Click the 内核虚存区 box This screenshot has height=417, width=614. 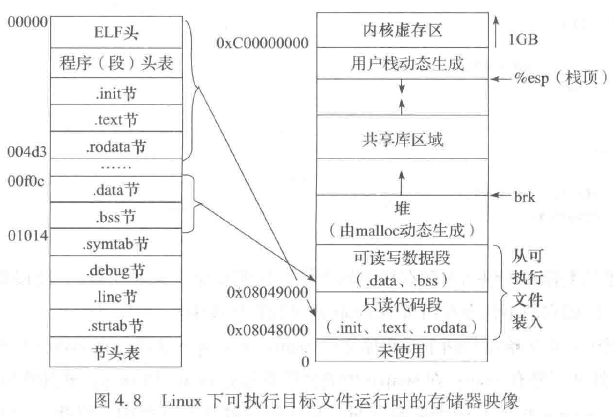[401, 31]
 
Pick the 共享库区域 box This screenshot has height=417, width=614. [401, 141]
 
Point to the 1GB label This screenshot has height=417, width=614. [523, 39]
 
